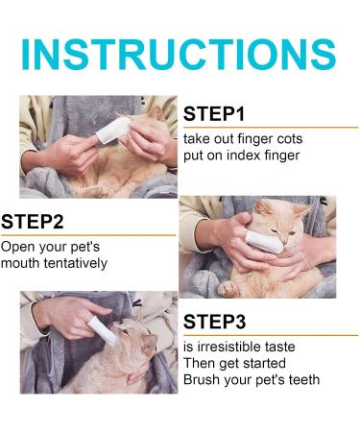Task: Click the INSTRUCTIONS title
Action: (179, 55)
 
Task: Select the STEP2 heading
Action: (33, 223)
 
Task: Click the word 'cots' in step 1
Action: (299, 138)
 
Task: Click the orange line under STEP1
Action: (269, 128)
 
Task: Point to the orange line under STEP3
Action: (269, 335)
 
